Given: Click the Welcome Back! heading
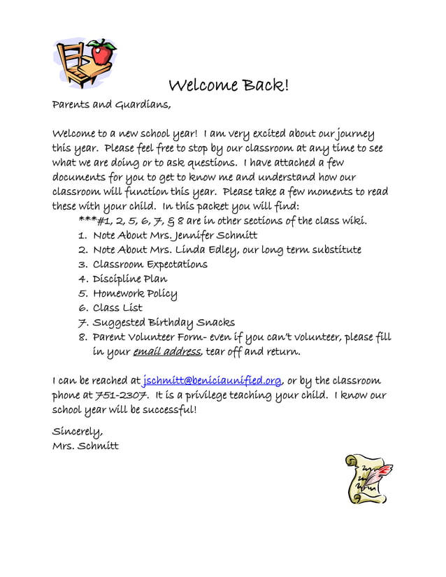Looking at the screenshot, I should (x=228, y=86).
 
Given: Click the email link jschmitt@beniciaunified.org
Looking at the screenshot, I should (x=212, y=381).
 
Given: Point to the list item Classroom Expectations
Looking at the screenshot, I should (x=150, y=264).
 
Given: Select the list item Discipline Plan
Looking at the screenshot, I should (x=130, y=279).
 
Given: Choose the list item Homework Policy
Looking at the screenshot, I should (x=135, y=293).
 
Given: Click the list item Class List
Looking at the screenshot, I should (x=117, y=307).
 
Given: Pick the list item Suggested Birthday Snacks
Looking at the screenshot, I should (x=164, y=322).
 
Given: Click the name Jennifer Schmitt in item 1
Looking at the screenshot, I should (x=214, y=235).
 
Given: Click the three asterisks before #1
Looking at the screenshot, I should (x=87, y=220).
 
